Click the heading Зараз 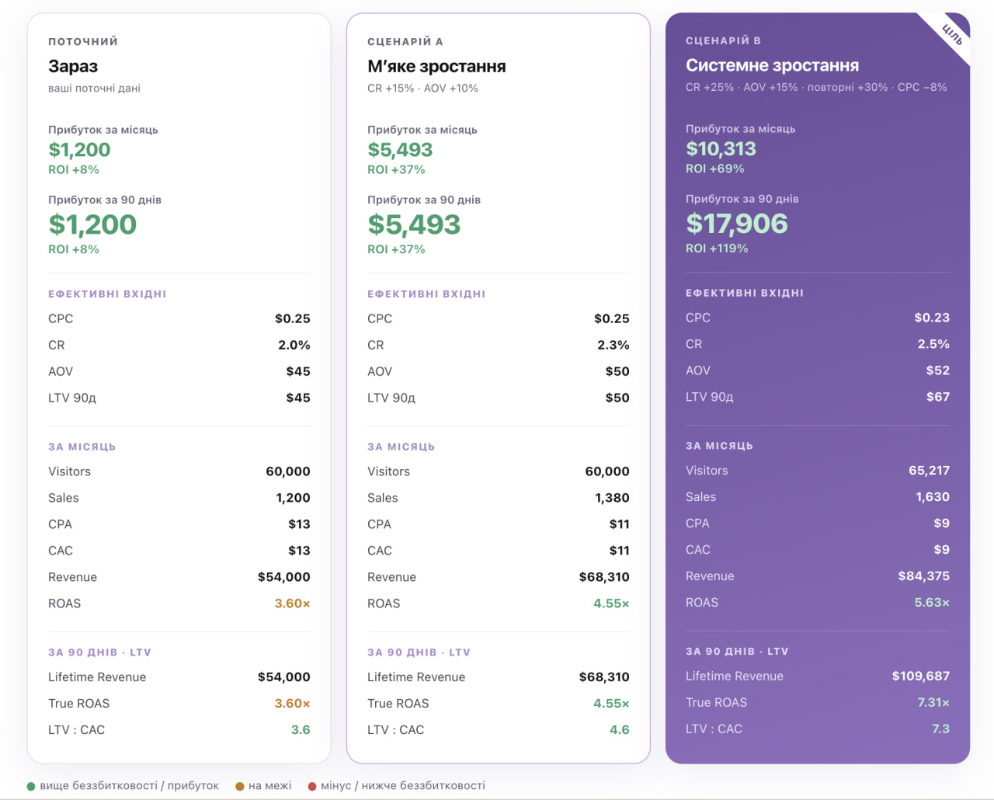point(73,67)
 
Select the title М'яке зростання point(436,67)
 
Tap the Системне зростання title point(772,65)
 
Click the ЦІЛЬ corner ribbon point(952,35)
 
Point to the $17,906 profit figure point(737,224)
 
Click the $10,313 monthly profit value point(721,149)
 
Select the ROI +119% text point(717,249)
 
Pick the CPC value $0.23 point(932,318)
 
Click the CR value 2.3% point(613,345)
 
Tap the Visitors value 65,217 point(929,471)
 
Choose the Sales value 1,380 point(612,498)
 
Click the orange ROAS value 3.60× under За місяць point(292,603)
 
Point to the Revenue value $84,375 point(923,576)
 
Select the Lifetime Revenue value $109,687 point(920,677)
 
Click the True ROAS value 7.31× point(933,702)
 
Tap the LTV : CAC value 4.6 point(619,730)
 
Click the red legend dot point(312,786)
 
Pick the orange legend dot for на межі point(239,786)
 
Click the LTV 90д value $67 point(937,397)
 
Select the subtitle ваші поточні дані point(94,89)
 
